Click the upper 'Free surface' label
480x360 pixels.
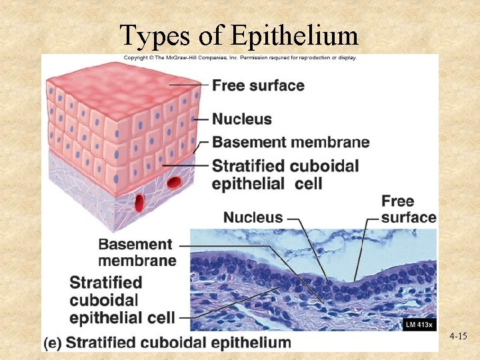coord(258,86)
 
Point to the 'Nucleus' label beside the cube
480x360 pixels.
coord(242,119)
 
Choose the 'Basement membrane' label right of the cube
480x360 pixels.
coord(291,142)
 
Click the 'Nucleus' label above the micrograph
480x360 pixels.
coord(253,217)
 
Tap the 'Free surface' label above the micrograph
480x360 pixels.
coord(408,209)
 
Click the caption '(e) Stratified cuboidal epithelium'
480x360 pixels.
coord(168,343)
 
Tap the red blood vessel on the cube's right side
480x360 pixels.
coord(175,182)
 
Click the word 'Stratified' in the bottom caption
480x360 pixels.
coord(103,343)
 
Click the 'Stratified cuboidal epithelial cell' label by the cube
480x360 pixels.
coord(285,174)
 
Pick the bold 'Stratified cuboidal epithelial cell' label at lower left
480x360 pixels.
coord(122,300)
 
